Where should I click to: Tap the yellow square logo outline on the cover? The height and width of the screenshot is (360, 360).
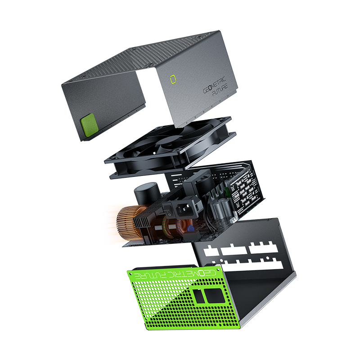[x=173, y=79]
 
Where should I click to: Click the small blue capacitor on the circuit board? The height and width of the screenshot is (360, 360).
[x=190, y=229]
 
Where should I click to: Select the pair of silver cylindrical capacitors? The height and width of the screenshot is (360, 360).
[x=221, y=208]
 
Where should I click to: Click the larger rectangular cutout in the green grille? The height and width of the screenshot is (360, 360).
[x=214, y=296]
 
